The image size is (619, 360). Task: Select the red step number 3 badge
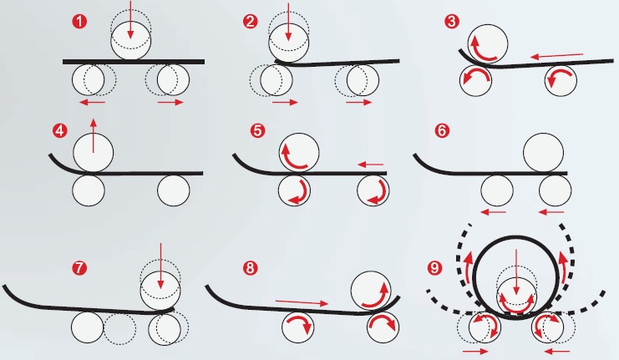[452, 23]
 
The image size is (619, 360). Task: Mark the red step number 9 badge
[434, 269]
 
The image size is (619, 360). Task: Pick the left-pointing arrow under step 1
[94, 102]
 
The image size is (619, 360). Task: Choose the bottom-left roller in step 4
[89, 190]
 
